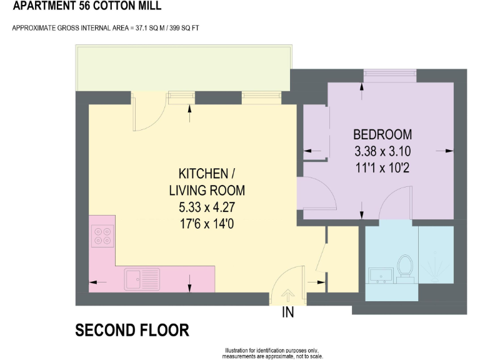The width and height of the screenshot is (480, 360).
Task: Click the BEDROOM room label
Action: [x=382, y=134]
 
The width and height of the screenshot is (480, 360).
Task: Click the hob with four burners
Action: [x=102, y=236]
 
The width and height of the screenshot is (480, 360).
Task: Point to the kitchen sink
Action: [x=142, y=279]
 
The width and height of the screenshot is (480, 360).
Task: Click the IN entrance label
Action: [x=288, y=312]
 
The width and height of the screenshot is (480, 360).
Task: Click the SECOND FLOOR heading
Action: [x=132, y=331]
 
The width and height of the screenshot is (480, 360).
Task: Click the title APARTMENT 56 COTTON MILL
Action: [x=86, y=6]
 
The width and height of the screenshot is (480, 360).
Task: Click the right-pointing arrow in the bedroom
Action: [x=447, y=151]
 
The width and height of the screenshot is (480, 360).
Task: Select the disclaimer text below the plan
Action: [x=273, y=353]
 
